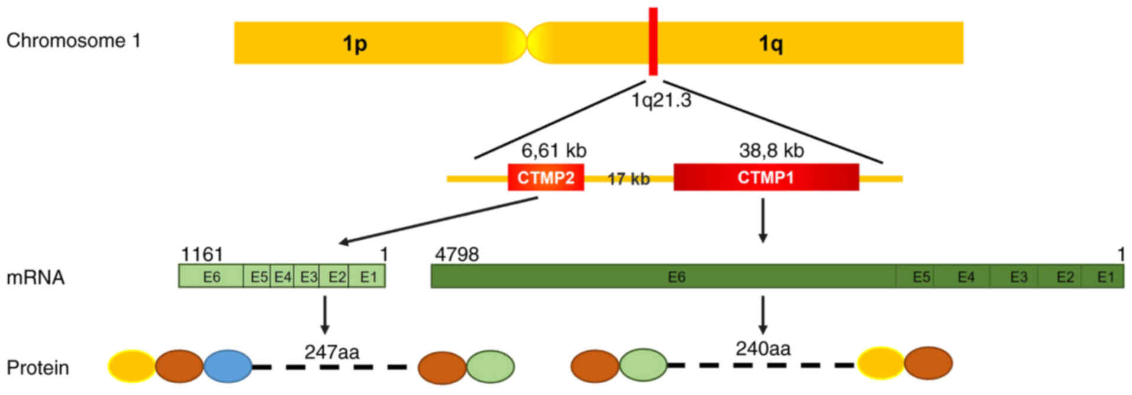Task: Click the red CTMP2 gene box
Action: [x=546, y=177]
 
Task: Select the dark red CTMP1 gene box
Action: [x=766, y=177]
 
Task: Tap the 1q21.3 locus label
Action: [x=661, y=101]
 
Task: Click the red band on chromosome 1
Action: [x=653, y=41]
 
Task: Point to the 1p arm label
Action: [x=355, y=43]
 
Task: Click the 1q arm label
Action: [x=770, y=43]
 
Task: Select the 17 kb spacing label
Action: [x=628, y=179]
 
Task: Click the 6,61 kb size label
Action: [x=553, y=151]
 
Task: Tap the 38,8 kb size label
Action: [x=771, y=151]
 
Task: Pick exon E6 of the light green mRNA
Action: [x=211, y=277]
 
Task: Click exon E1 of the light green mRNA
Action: [x=368, y=277]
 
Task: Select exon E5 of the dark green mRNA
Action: [x=921, y=277]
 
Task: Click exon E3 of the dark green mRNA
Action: [x=1018, y=277]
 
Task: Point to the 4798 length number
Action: [x=457, y=254]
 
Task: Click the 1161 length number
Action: [x=202, y=254]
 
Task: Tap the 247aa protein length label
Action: [x=331, y=352]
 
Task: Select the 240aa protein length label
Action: [x=763, y=349]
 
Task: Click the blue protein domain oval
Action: [x=228, y=366]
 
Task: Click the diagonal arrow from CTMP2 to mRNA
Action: [x=438, y=220]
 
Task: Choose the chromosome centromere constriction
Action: [x=526, y=43]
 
